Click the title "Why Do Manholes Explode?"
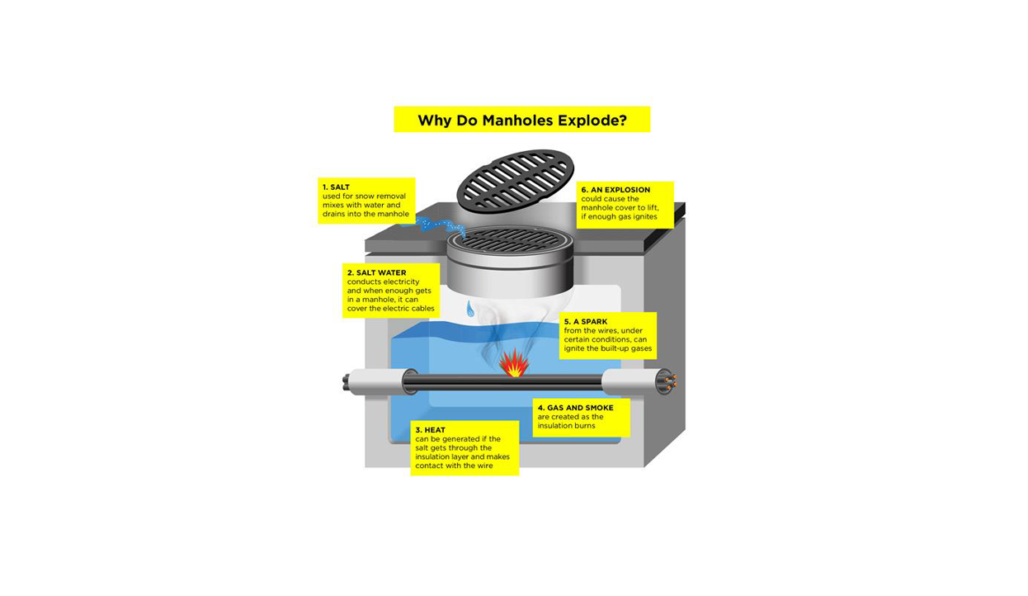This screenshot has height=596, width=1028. click(522, 121)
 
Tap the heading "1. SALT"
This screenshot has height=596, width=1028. click(336, 187)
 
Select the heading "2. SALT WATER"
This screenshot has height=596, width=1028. click(376, 272)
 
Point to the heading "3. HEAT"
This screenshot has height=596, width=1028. click(430, 430)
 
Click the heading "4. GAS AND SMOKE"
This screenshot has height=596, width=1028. click(576, 408)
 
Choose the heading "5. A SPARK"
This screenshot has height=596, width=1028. click(586, 322)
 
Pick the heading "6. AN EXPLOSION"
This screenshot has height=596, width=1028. click(615, 190)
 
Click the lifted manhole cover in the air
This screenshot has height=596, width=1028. click(516, 181)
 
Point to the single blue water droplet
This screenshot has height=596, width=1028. click(471, 309)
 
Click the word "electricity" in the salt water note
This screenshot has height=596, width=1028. click(400, 281)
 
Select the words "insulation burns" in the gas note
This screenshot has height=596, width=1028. click(566, 426)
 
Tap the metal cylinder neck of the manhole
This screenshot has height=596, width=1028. click(510, 269)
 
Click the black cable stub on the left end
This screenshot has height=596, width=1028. click(347, 383)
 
